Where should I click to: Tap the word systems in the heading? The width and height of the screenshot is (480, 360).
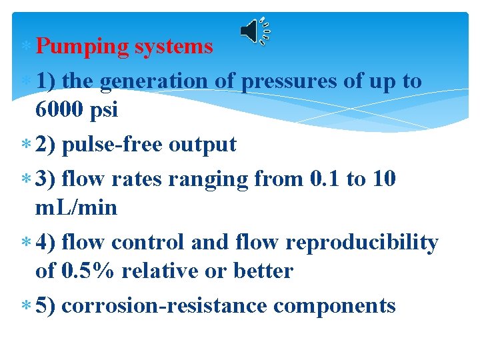pos(173,47)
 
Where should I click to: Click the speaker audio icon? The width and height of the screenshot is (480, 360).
pos(254,31)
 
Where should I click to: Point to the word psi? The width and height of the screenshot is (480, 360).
pos(105,110)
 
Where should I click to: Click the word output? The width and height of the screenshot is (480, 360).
pos(204,145)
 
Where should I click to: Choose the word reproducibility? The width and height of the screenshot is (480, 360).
pos(362,243)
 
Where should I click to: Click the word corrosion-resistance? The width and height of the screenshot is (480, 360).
pos(164,306)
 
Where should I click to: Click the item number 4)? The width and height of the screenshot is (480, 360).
pos(46,243)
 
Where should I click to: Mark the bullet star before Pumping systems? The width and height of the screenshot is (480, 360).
pos(26,47)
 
